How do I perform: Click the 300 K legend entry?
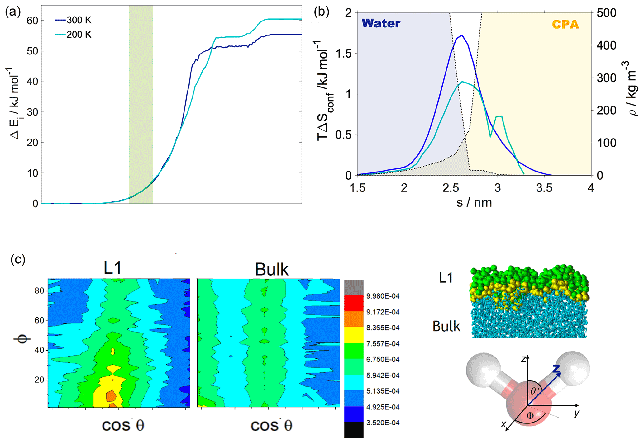click(x=79, y=20)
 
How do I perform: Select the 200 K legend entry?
click(x=79, y=34)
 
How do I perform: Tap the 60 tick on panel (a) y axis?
click(x=32, y=21)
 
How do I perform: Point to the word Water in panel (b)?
click(x=381, y=23)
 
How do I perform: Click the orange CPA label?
click(x=565, y=24)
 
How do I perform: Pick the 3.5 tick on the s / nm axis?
click(x=544, y=188)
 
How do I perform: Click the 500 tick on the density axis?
click(x=606, y=13)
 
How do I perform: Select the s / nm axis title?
click(x=474, y=203)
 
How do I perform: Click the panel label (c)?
click(x=18, y=259)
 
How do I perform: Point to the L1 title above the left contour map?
click(x=112, y=268)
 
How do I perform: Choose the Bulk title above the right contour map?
click(x=271, y=269)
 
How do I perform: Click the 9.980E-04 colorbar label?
click(x=383, y=296)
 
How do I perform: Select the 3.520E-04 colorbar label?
click(x=383, y=423)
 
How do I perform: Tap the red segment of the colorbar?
click(x=354, y=303)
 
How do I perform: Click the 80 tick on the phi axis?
click(x=39, y=291)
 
